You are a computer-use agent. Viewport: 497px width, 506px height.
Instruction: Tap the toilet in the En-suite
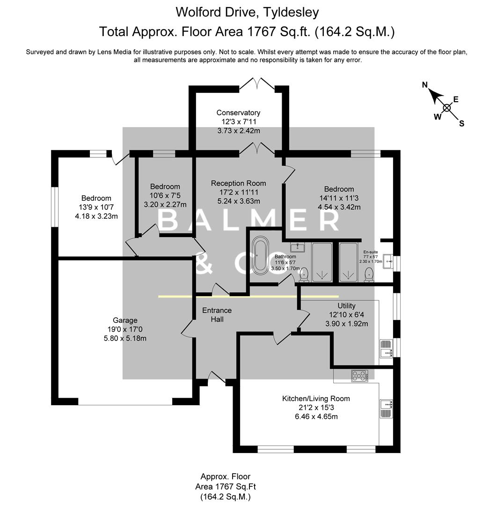pos(369,275)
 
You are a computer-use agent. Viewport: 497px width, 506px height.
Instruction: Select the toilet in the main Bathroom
pos(304,275)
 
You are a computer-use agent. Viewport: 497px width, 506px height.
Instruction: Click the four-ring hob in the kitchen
pos(360,375)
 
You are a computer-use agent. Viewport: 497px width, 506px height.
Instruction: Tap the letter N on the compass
pos(425,85)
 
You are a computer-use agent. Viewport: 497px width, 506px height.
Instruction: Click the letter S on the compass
pos(461,124)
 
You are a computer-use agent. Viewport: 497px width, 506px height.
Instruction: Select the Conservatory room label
pos(238,112)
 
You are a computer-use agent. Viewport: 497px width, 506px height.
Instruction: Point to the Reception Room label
pos(238,183)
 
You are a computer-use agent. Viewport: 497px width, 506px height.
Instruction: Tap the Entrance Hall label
pos(217,315)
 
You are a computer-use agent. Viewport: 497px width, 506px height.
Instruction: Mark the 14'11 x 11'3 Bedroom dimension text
pos(336,198)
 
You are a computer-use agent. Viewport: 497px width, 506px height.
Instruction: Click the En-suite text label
pos(371,252)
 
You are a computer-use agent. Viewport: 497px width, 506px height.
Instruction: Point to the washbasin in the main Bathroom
pos(298,247)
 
